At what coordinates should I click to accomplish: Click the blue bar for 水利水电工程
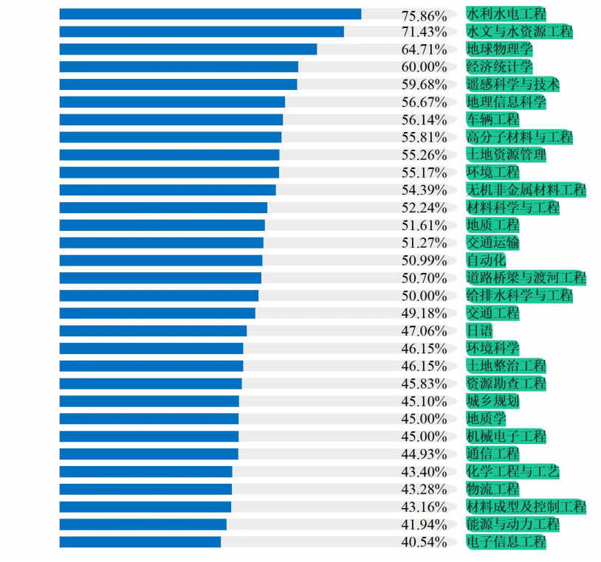point(210,14)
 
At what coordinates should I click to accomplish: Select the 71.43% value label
point(424,32)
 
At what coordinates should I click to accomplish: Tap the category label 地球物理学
point(499,49)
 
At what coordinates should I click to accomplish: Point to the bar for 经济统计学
point(179,67)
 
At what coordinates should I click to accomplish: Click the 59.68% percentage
point(424,85)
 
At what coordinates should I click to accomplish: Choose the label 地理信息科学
point(506,102)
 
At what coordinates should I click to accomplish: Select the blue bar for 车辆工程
point(171,119)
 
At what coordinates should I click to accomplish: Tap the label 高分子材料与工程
point(519,137)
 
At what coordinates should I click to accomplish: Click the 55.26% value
point(424,155)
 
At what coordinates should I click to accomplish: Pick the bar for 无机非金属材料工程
point(168,190)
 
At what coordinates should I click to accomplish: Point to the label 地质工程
point(492,225)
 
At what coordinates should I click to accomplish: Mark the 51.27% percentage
point(424,243)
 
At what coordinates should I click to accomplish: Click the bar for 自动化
point(161,260)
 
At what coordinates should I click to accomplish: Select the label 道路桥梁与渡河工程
point(526,278)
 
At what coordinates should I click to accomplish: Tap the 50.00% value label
point(424,296)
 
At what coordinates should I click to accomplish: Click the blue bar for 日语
point(153,330)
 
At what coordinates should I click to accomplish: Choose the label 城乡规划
point(492,401)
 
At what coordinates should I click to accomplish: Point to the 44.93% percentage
point(424,454)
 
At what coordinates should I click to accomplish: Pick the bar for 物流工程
point(145,489)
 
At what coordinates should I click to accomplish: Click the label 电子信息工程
point(506,542)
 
